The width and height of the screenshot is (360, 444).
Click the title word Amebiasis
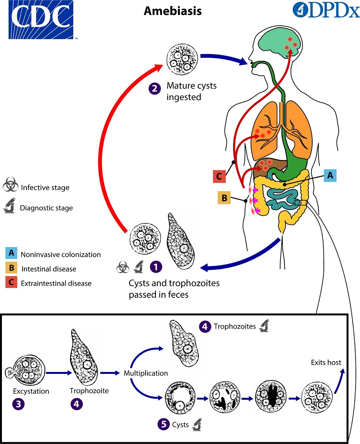(x=173, y=11)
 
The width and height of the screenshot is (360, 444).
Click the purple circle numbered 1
(x=156, y=266)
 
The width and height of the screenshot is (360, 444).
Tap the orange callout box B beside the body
(x=225, y=198)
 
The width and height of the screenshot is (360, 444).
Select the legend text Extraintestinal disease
(x=56, y=283)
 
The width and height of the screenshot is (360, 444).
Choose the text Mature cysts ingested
(x=191, y=91)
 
